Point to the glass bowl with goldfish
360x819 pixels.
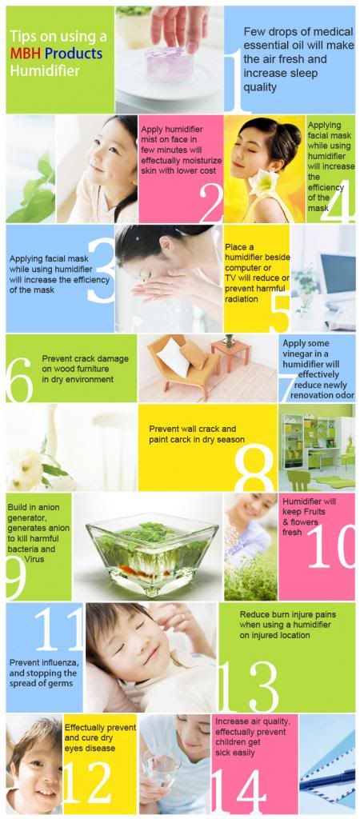point(152,554)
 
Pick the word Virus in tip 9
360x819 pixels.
point(34,559)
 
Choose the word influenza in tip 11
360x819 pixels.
point(59,662)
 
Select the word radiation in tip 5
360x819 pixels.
point(242,299)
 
